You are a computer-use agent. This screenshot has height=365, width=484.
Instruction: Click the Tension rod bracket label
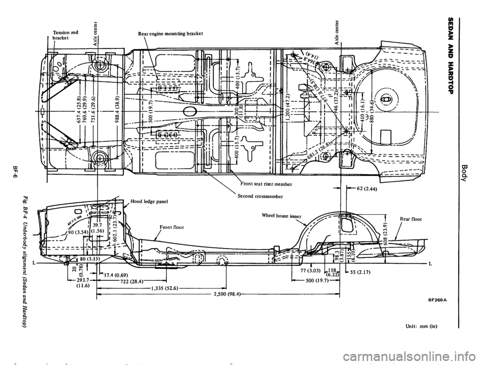click(65, 35)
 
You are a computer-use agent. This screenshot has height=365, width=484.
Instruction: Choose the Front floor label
click(169, 227)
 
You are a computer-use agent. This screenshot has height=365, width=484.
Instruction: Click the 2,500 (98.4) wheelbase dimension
click(224, 293)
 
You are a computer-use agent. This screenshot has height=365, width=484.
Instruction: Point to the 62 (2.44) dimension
click(366, 190)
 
